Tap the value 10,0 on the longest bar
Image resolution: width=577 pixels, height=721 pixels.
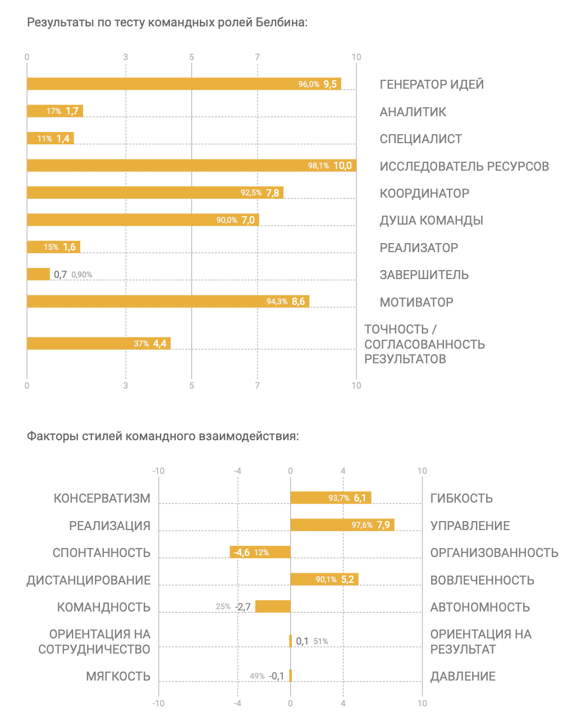point(342,166)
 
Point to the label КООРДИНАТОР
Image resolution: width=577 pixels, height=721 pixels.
point(424,193)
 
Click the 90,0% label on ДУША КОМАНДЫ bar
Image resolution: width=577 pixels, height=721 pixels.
point(227,220)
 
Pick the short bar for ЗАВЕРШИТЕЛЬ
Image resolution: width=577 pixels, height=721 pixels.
point(38,274)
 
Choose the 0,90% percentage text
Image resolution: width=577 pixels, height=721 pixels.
point(82,275)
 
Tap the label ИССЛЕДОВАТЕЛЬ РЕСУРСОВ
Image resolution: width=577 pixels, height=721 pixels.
point(464,166)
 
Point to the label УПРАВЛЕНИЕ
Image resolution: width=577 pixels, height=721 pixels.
point(470,526)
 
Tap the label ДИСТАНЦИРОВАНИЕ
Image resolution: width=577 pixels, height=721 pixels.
point(89,580)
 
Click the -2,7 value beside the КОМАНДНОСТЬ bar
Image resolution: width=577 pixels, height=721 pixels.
point(243,607)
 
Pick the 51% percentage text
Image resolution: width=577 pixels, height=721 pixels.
point(320,641)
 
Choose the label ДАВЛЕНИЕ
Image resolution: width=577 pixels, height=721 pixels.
point(462,676)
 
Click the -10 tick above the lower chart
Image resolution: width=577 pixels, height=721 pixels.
point(158,471)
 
